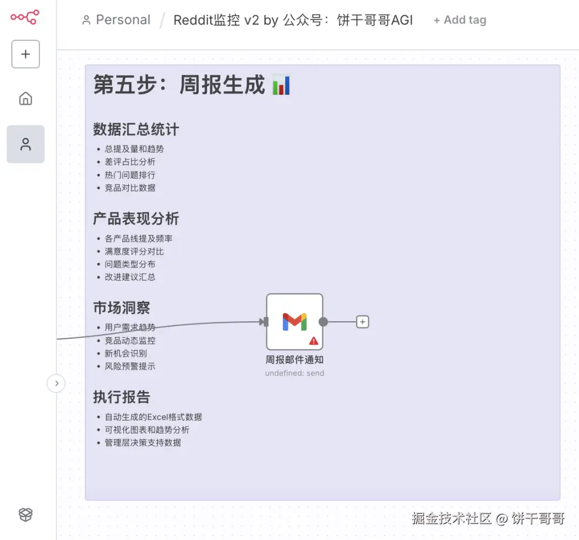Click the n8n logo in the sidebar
[25, 17]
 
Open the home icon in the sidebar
[26, 99]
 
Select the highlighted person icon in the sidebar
[26, 144]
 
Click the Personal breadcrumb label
[123, 20]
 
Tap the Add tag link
[460, 20]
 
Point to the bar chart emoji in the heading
[281, 85]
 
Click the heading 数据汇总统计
[136, 129]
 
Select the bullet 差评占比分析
[130, 162]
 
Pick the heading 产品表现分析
[136, 219]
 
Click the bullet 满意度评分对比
[134, 251]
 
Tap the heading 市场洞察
[122, 308]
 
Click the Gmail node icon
[295, 322]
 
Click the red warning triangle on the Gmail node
[314, 341]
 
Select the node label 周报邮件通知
[295, 360]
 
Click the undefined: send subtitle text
[295, 373]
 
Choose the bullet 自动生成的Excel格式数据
[153, 417]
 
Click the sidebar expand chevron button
[56, 383]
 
